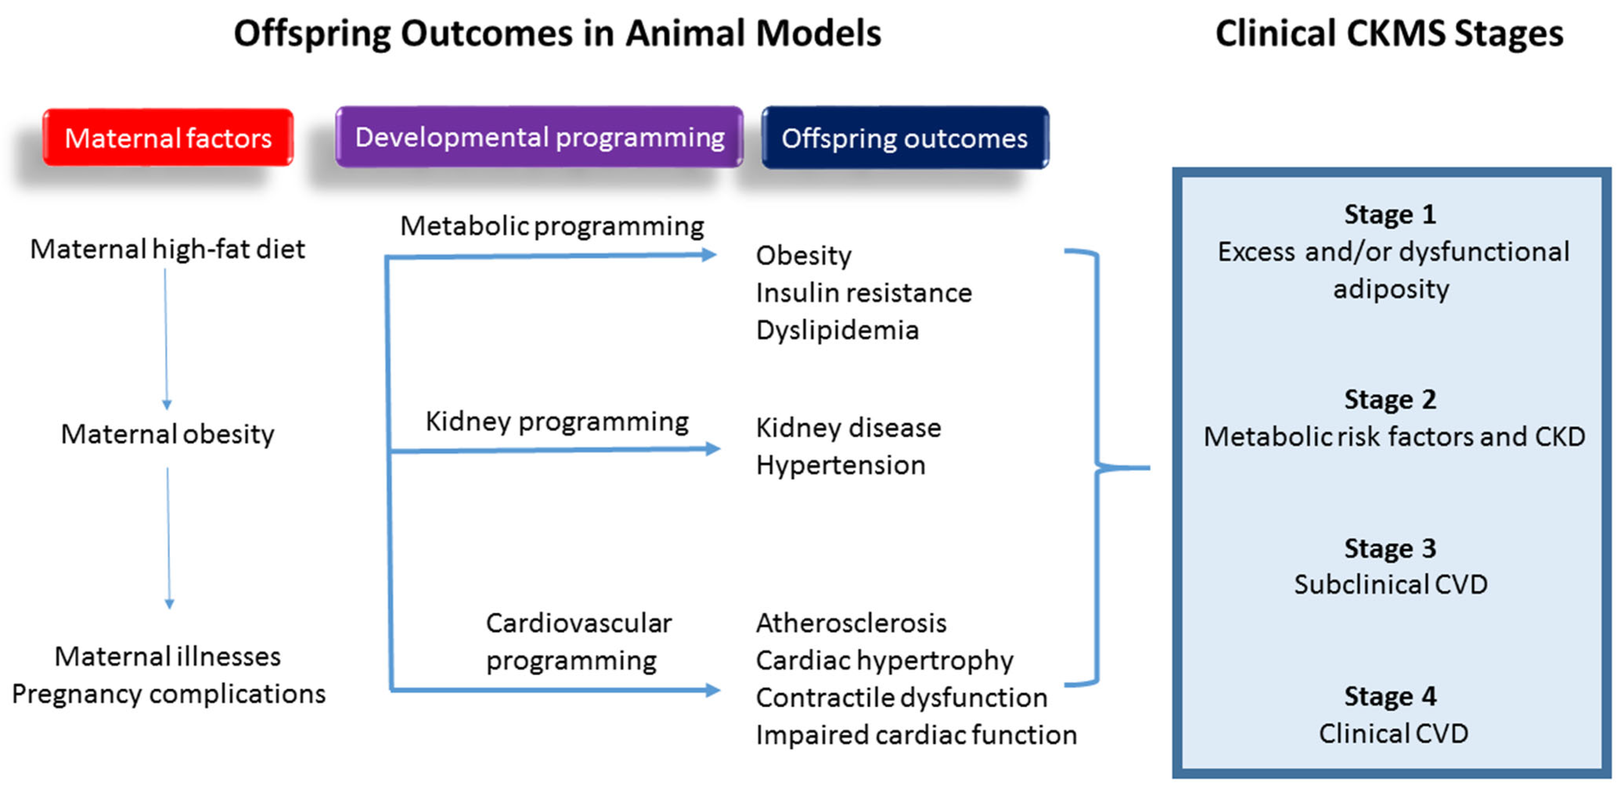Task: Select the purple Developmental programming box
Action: (539, 137)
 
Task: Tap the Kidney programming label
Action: (557, 421)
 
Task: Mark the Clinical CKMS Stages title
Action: (1389, 33)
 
